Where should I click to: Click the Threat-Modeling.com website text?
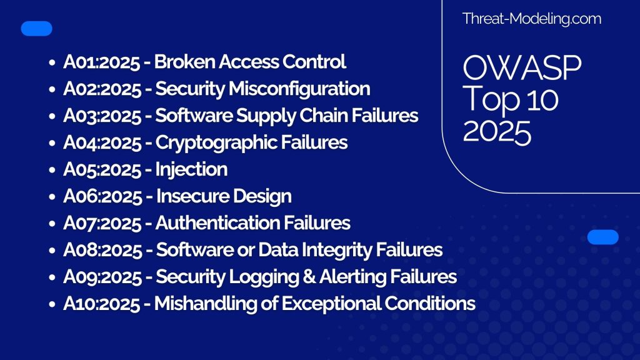531,19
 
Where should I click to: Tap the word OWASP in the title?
522,69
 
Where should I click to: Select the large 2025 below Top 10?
497,132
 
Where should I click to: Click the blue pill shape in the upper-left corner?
37,28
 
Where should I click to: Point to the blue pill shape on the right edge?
603,237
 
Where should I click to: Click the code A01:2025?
100,62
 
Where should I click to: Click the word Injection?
191,169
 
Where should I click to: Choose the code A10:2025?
100,304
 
